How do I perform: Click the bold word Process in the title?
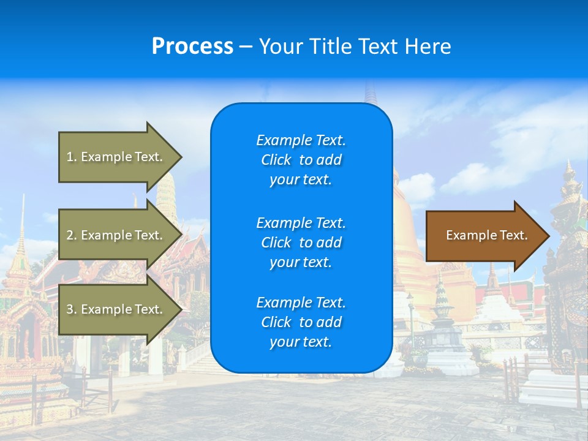pyautogui.click(x=192, y=47)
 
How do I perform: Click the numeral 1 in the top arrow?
pyautogui.click(x=70, y=157)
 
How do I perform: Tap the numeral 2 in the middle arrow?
pyautogui.click(x=70, y=235)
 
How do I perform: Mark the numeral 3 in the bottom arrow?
pyautogui.click(x=70, y=309)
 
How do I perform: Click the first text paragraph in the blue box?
pyautogui.click(x=301, y=160)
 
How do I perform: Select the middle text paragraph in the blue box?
pyautogui.click(x=301, y=243)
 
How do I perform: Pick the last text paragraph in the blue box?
pyautogui.click(x=301, y=322)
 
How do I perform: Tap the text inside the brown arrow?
pyautogui.click(x=486, y=235)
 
